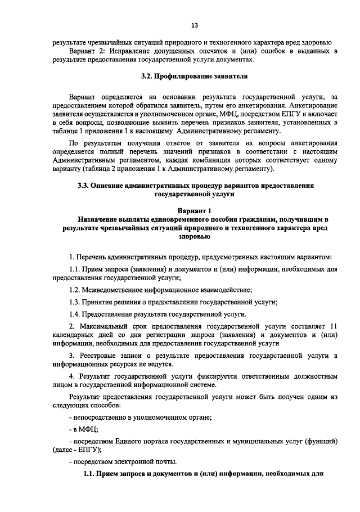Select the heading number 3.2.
click(147, 75)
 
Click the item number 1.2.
click(75, 289)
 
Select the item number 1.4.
click(75, 313)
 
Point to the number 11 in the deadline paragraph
click(332, 325)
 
